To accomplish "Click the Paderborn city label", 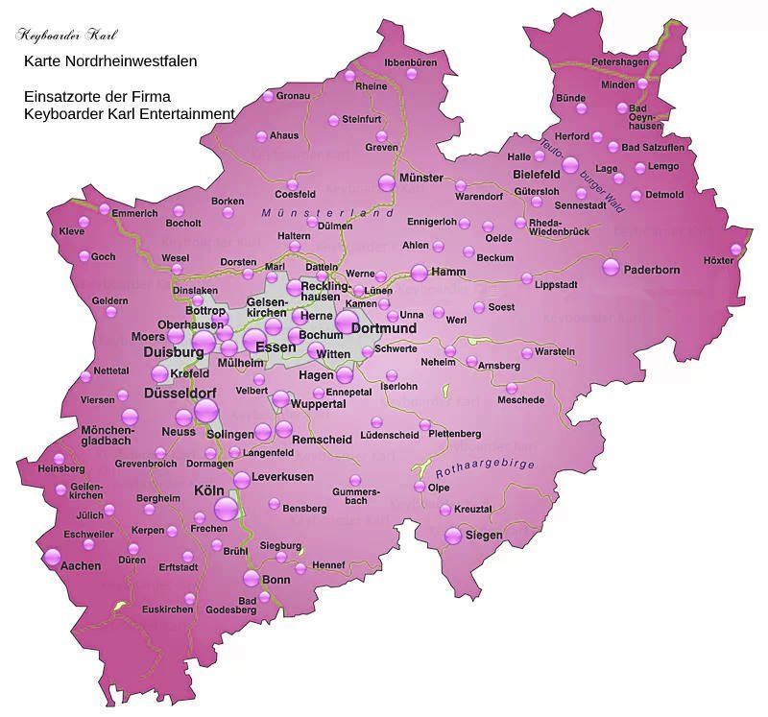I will point(652,270).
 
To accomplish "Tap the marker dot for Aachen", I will point(52,556).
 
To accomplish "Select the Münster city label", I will point(420,178).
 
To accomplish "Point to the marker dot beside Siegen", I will point(453,536).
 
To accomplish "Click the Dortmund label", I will point(384,328).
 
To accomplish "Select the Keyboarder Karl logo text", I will point(66,36).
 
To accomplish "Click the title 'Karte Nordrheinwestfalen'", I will point(110,61).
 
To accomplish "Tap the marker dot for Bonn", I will point(251,578).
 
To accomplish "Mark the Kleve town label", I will point(72,231).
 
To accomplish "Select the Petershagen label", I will point(620,61).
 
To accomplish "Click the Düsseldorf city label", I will point(180,394).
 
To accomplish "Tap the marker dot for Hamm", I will point(419,272).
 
